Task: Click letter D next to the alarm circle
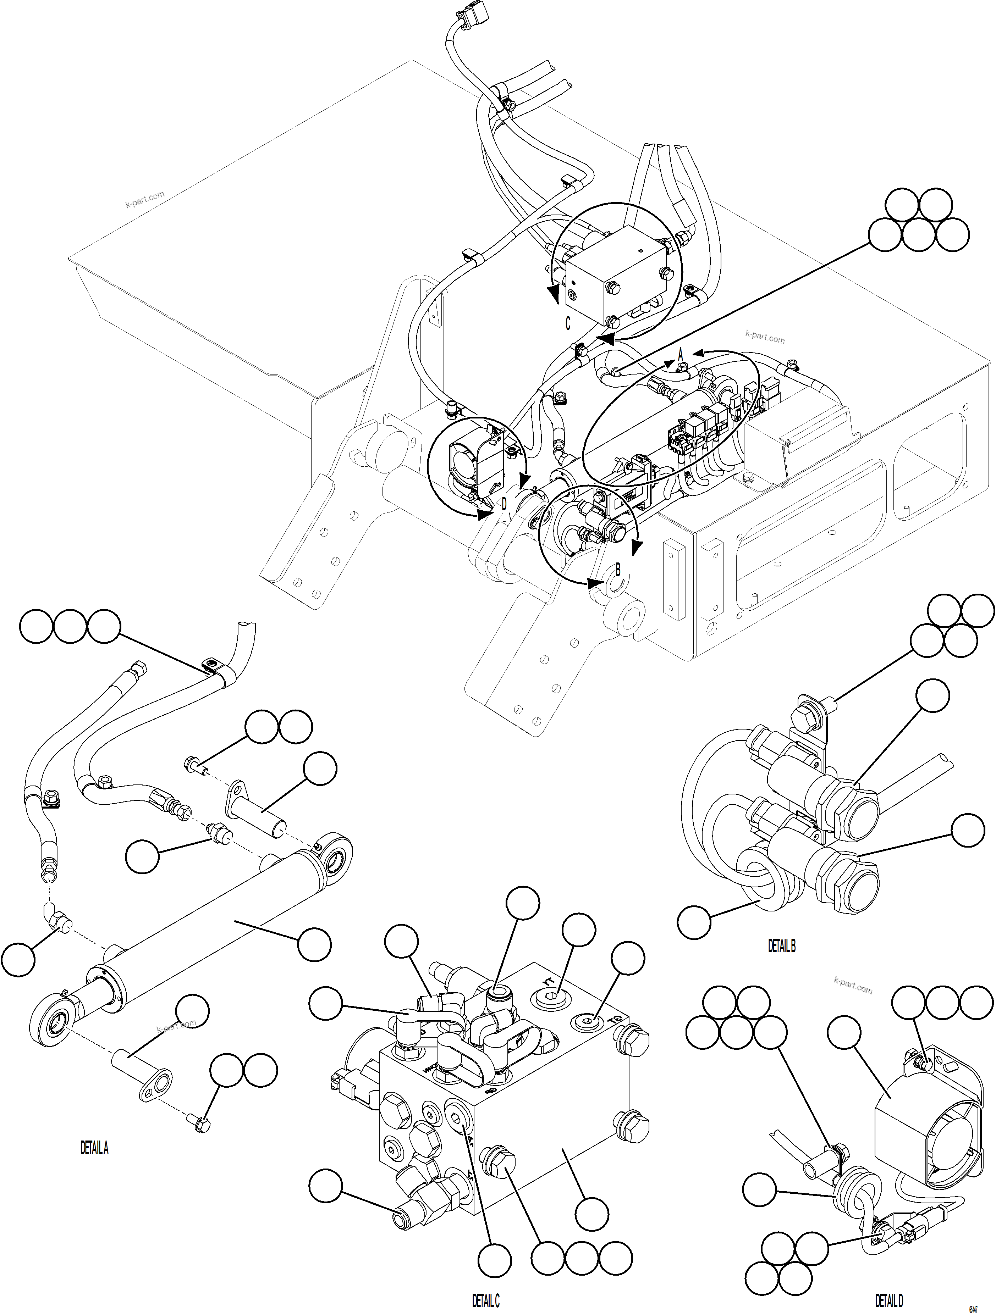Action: point(503,505)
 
